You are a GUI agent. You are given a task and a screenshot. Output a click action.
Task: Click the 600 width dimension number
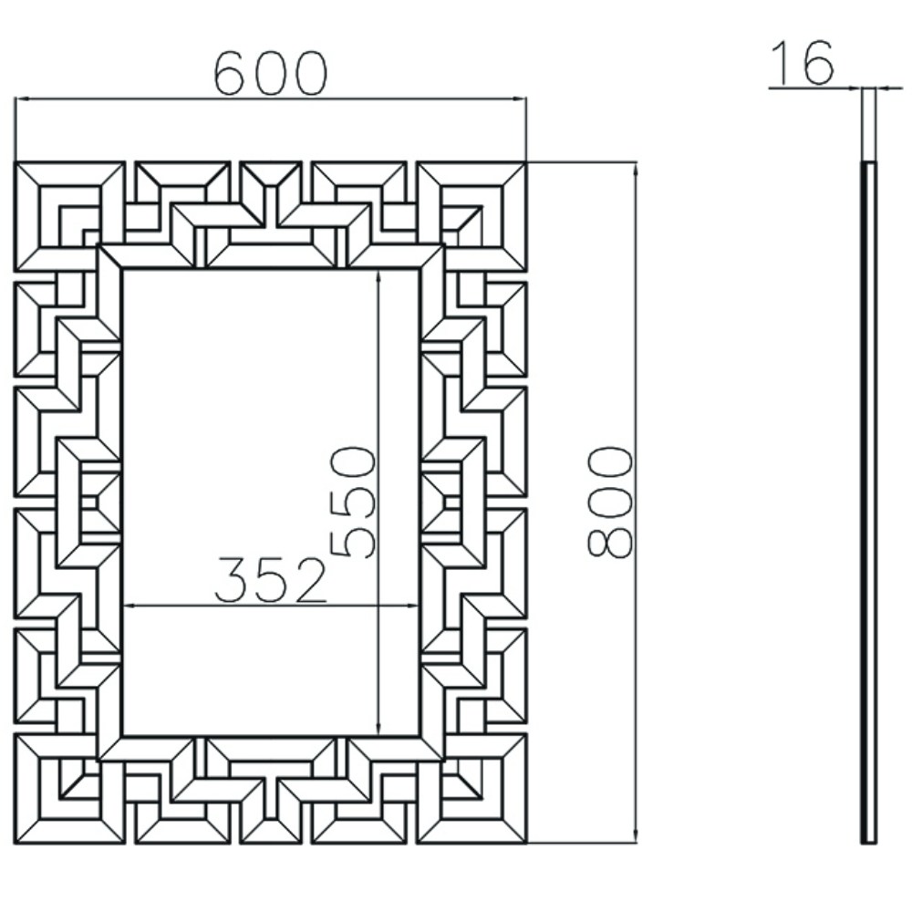pos(270,74)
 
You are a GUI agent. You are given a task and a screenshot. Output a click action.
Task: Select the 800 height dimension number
pos(610,502)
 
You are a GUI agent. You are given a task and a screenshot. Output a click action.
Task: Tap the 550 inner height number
pos(354,502)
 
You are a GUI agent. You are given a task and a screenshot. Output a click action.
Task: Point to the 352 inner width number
pos(271,581)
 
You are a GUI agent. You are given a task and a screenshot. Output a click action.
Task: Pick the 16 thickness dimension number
pos(803,64)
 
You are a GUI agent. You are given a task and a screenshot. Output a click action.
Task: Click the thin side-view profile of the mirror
pos(869,502)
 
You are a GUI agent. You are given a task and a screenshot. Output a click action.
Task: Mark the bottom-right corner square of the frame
pos(472,789)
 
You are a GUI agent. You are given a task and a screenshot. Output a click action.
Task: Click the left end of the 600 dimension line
pos(16,98)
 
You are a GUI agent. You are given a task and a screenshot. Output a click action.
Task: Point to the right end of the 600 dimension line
pos(526,98)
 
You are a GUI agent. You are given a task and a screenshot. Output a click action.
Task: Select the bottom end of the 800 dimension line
pos(635,843)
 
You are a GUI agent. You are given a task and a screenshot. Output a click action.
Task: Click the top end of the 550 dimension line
pos(378,270)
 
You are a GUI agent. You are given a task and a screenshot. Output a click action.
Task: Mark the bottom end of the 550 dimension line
pos(378,735)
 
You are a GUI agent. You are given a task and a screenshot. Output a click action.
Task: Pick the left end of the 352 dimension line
pos(123,605)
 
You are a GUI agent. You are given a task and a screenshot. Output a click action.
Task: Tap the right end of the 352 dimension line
pos(419,605)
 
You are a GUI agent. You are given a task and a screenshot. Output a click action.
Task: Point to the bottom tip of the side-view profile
pos(869,842)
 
